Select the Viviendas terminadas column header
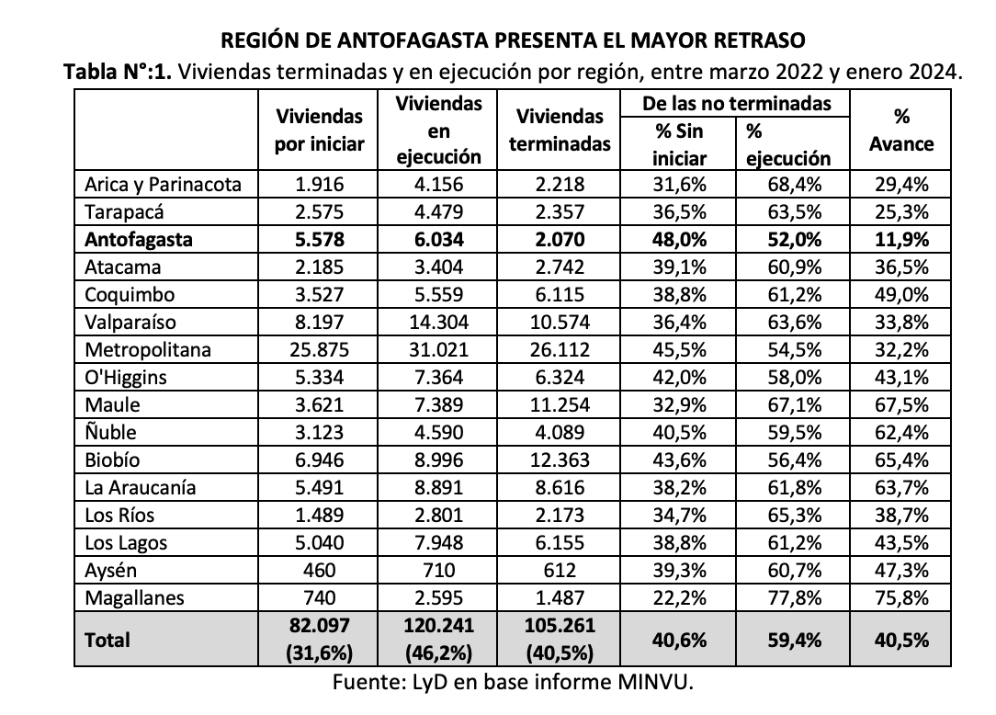tap(560, 131)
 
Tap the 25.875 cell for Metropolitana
tap(320, 350)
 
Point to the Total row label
tap(108, 640)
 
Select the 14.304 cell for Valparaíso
tap(438, 323)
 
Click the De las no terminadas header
tap(738, 103)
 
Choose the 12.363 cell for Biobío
tap(560, 460)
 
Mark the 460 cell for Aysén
tap(320, 571)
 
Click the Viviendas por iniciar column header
tap(320, 131)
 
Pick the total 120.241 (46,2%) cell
tap(438, 640)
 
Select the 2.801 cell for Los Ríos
tap(438, 516)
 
